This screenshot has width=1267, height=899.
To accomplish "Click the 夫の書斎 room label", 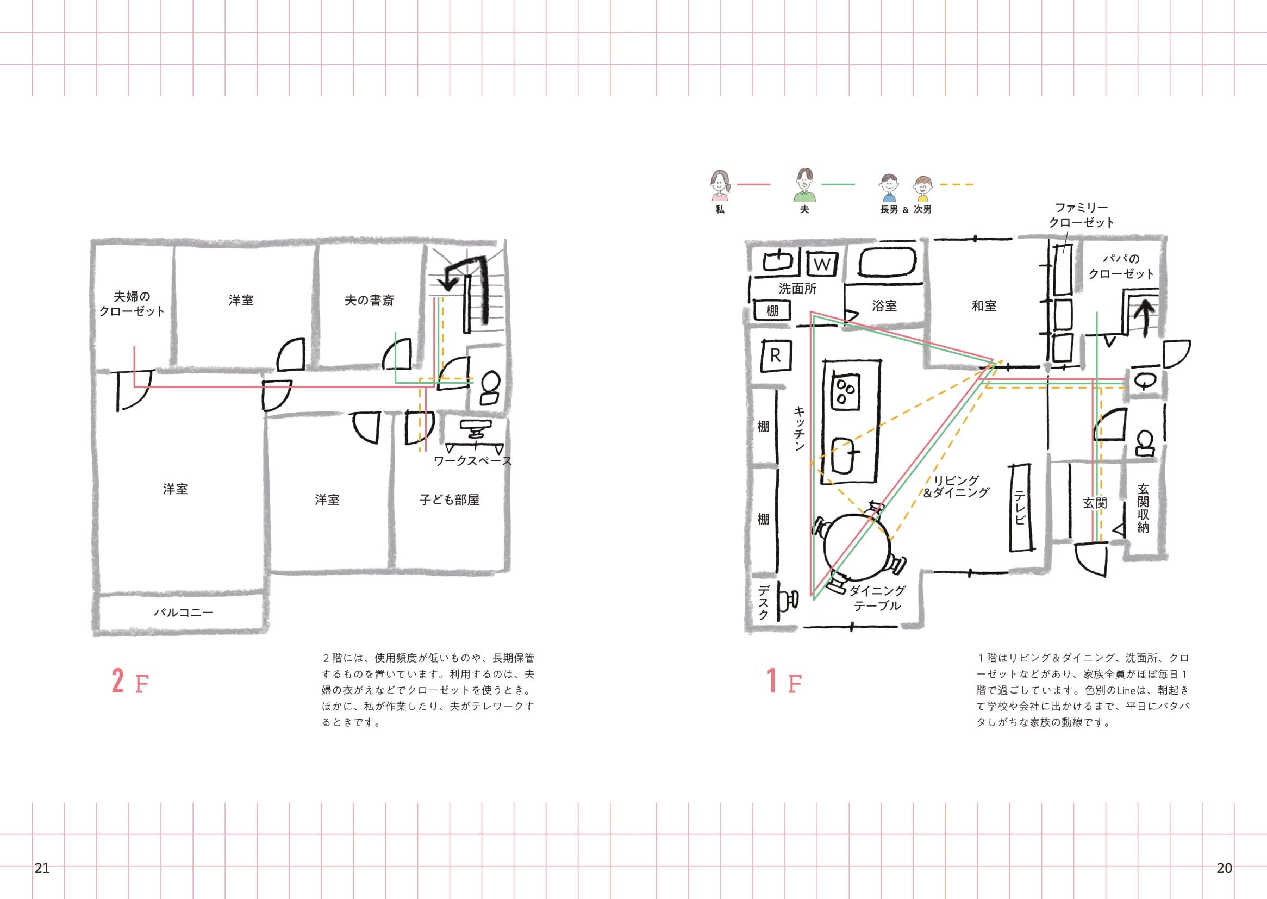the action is (x=369, y=301).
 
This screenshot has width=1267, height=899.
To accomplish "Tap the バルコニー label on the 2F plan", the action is (x=183, y=612).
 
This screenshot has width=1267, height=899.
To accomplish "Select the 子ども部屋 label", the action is (x=449, y=500).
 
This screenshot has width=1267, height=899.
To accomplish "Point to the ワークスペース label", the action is (x=472, y=461).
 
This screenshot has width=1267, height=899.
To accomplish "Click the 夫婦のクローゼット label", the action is (x=132, y=304).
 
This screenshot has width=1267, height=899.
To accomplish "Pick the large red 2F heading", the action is (x=130, y=682).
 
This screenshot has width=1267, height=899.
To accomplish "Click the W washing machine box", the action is (x=822, y=264).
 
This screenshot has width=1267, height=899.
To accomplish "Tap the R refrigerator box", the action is (x=775, y=356).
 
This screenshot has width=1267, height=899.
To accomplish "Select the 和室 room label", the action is (x=984, y=305).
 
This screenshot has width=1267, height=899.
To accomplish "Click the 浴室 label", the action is (x=884, y=305).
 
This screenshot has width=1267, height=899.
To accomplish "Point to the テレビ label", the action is (x=1020, y=508).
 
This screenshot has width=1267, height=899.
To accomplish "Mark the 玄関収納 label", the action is (x=1143, y=508).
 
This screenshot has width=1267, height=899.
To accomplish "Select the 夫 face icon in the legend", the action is (x=805, y=184).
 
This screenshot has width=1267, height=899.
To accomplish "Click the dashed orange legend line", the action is (x=957, y=184).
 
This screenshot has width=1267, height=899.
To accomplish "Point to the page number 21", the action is (x=42, y=867).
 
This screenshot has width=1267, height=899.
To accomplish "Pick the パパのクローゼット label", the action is (x=1121, y=266).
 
